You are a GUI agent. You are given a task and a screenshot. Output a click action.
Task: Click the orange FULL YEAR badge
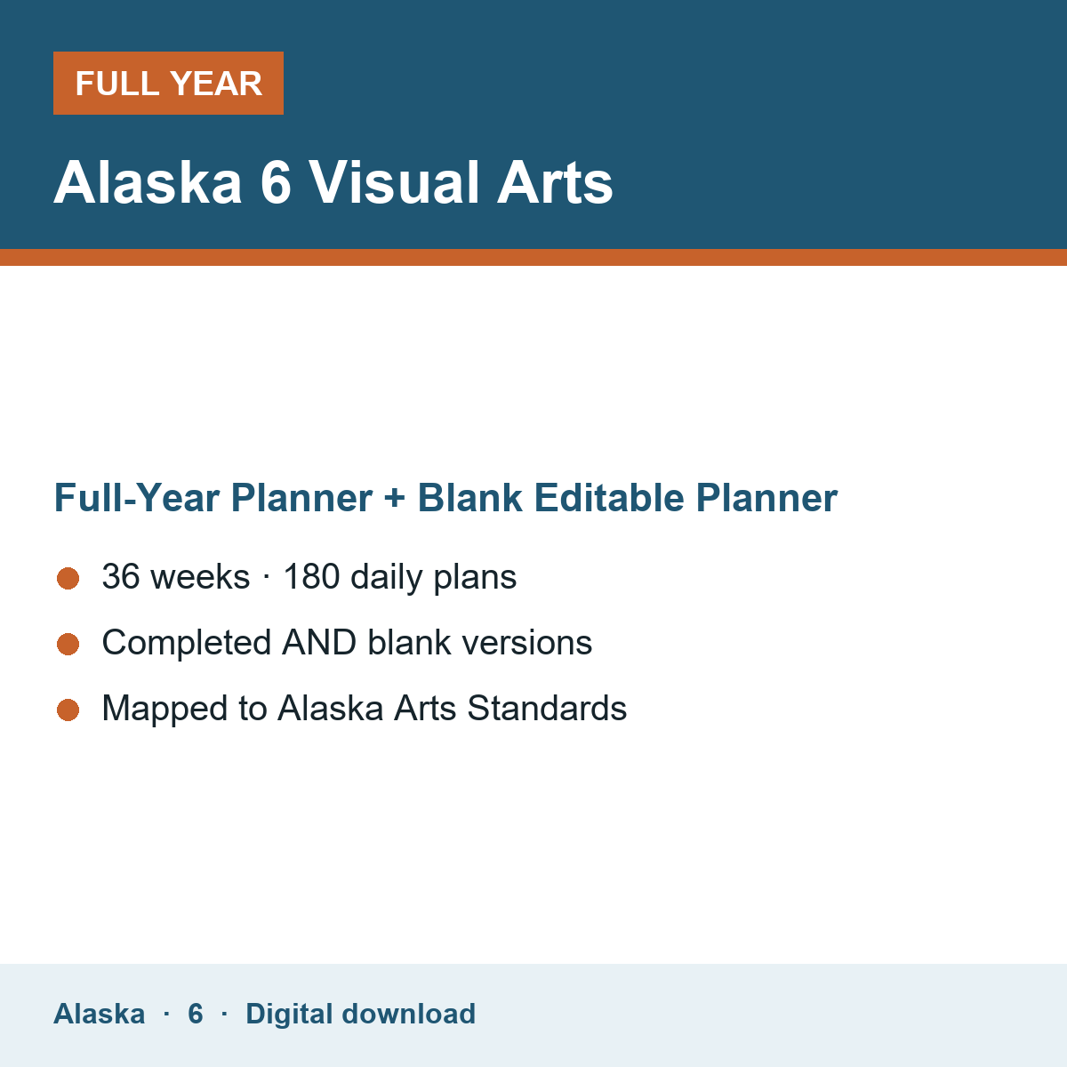tap(168, 83)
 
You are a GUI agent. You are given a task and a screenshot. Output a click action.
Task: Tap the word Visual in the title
tap(393, 182)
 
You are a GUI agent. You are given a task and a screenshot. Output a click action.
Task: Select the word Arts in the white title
tap(555, 182)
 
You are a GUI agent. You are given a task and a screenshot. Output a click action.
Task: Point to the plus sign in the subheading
tap(395, 498)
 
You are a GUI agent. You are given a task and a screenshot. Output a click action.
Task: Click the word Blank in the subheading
tap(469, 497)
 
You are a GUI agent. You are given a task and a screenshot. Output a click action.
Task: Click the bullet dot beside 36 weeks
tap(68, 579)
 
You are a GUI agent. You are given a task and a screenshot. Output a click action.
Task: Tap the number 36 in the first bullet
tap(121, 576)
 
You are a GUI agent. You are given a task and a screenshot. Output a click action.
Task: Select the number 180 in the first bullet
tap(311, 576)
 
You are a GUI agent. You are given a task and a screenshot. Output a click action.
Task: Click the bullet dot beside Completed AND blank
tap(68, 644)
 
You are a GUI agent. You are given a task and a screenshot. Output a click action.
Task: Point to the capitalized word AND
tap(319, 642)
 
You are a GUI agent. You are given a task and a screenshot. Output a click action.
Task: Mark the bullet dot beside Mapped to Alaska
tap(68, 710)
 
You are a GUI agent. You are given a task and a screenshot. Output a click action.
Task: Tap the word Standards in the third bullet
tap(547, 708)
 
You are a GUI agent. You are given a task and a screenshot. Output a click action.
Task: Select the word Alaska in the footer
tap(99, 1014)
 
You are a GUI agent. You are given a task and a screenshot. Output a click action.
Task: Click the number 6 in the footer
tap(196, 1014)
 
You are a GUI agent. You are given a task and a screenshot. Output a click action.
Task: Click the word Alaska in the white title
tap(148, 182)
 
